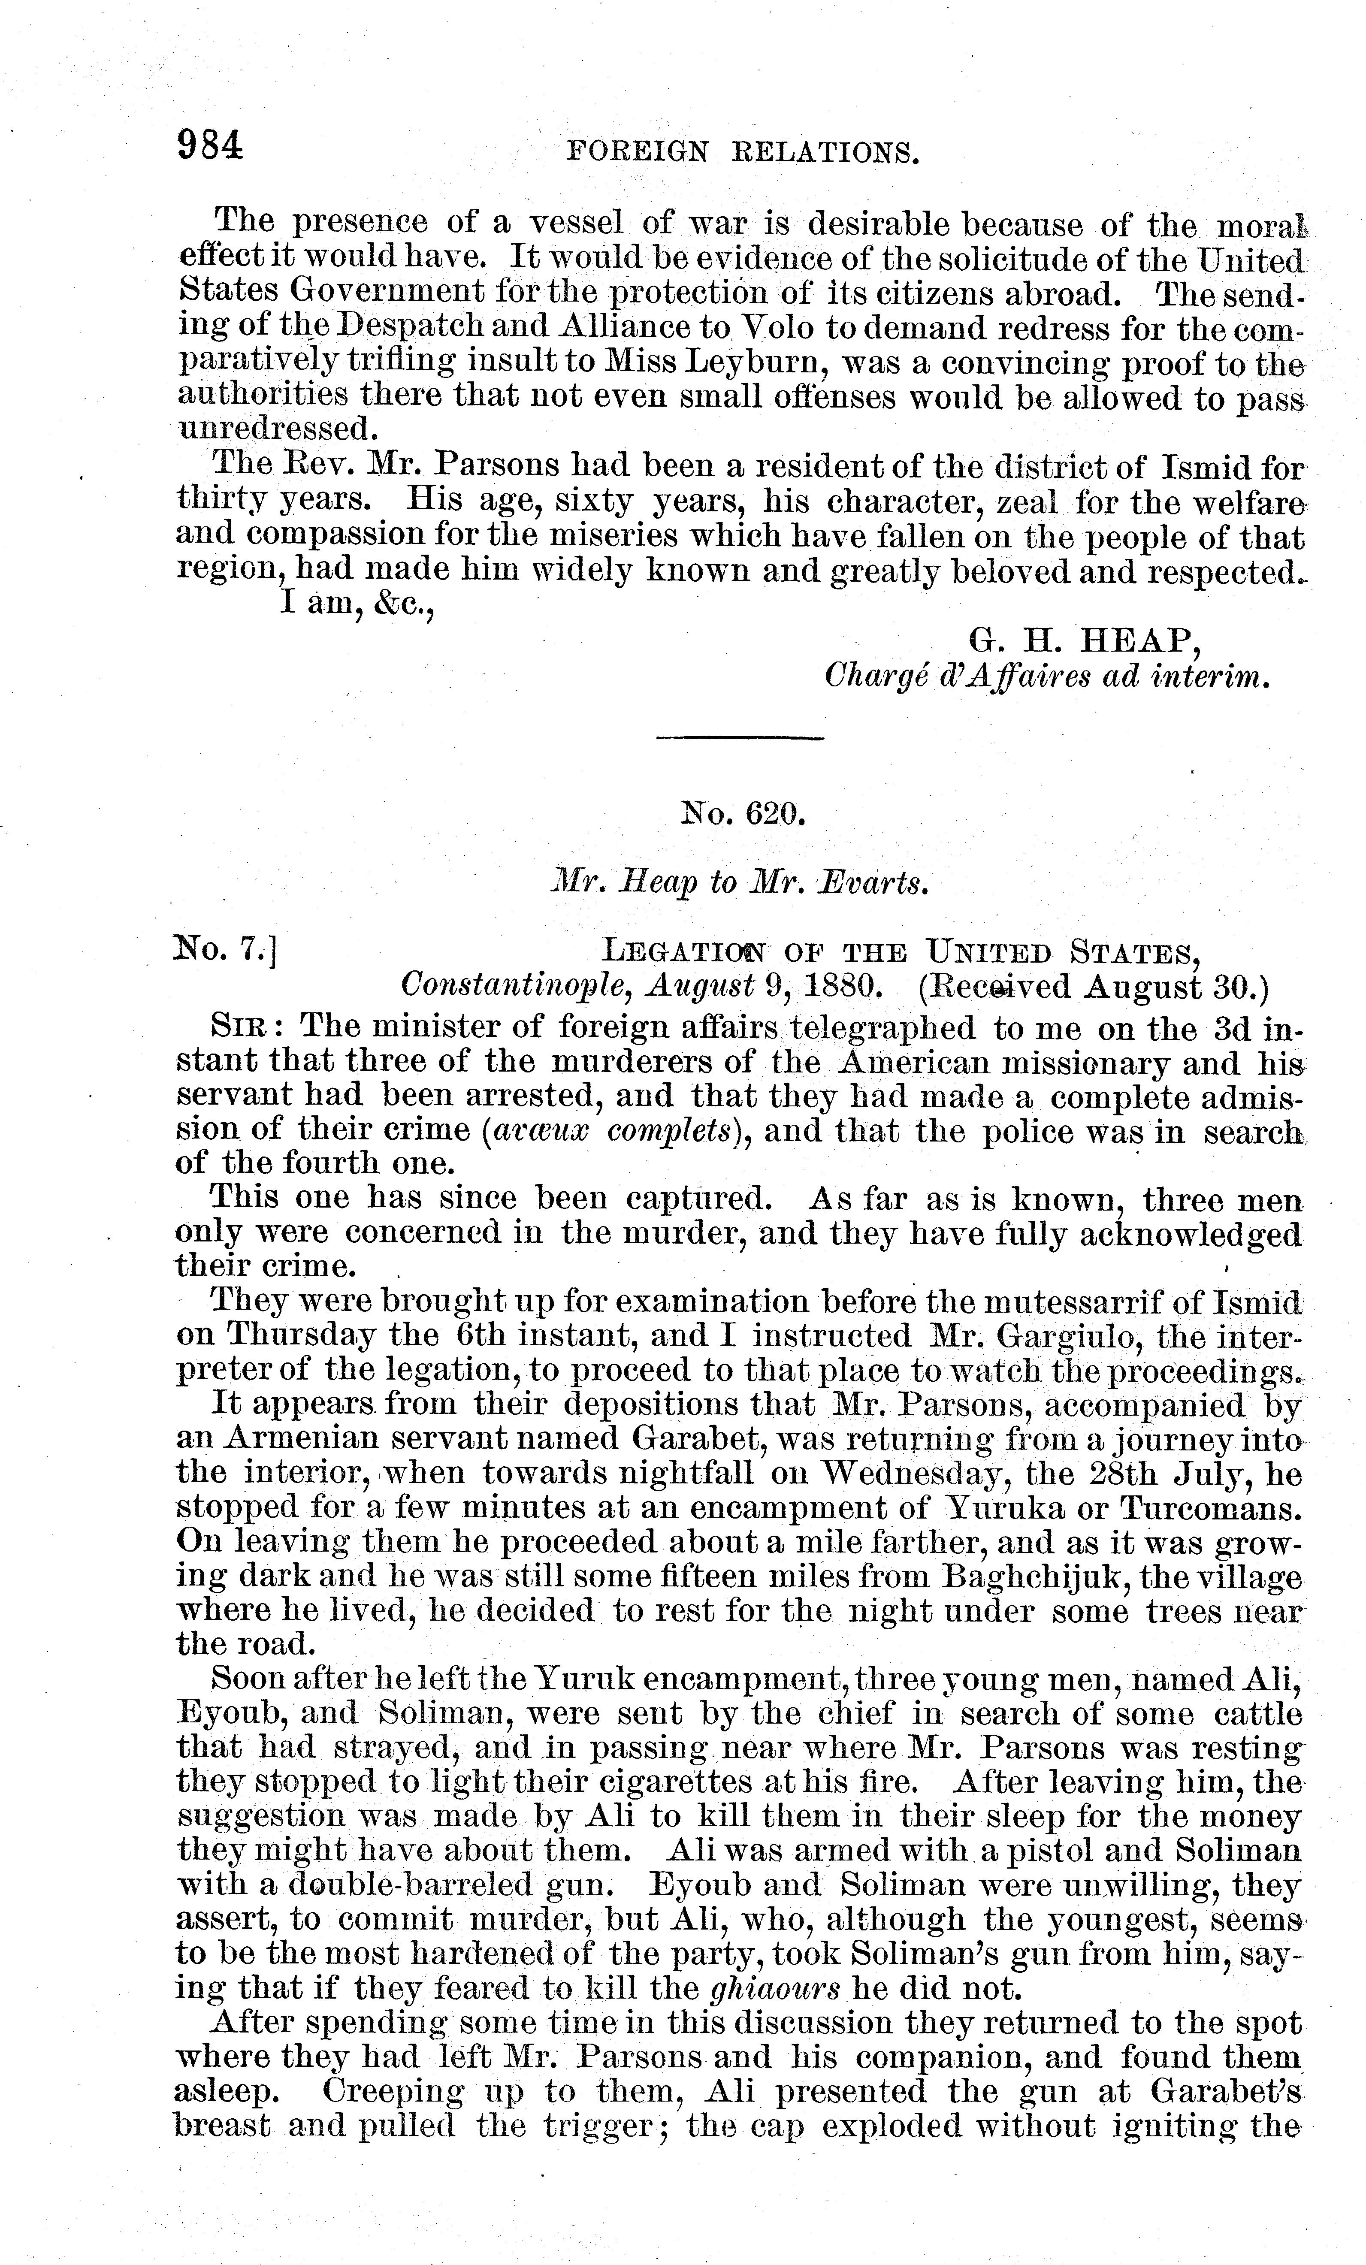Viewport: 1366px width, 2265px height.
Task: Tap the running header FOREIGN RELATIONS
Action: tap(742, 152)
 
